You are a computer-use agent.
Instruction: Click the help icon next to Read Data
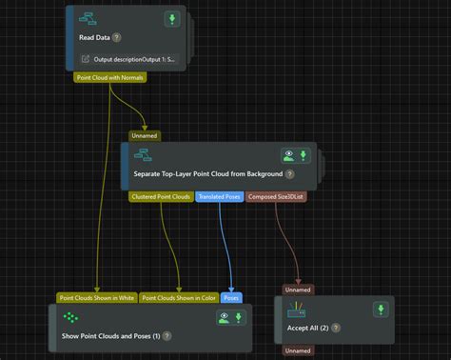click(117, 38)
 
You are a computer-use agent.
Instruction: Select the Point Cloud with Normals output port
click(109, 76)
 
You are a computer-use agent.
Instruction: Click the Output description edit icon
click(85, 59)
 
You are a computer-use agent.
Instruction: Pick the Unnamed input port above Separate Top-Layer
click(145, 135)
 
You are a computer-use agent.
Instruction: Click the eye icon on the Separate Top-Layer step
click(287, 154)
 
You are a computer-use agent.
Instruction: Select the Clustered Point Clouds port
click(161, 197)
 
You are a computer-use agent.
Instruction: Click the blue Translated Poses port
click(220, 197)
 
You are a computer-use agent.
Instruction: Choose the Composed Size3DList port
click(277, 197)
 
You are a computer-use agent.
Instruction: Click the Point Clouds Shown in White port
click(97, 297)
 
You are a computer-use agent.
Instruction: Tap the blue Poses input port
click(231, 297)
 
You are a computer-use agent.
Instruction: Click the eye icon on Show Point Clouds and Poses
click(225, 317)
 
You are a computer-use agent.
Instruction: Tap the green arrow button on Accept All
click(380, 310)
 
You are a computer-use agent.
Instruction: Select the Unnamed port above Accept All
click(299, 289)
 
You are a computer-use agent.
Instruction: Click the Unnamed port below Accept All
click(299, 350)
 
